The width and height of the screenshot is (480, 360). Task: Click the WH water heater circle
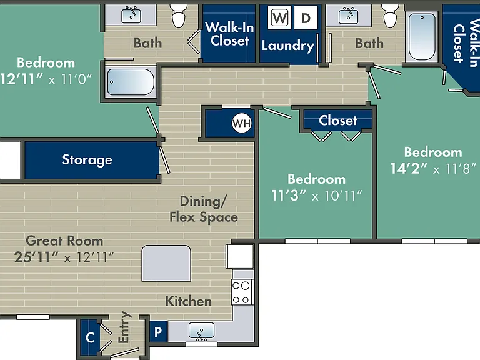(241, 123)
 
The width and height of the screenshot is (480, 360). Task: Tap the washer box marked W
(279, 18)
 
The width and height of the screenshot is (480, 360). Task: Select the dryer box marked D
(306, 18)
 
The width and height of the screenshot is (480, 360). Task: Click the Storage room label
(87, 160)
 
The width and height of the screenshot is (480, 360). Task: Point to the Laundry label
(287, 46)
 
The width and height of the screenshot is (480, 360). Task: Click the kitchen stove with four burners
(242, 292)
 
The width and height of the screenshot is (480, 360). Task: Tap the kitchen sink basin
(201, 331)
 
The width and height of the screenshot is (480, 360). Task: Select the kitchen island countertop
(166, 263)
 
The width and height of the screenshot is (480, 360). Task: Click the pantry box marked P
(158, 331)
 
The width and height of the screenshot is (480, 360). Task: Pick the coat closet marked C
(90, 337)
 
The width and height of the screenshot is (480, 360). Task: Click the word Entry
(124, 327)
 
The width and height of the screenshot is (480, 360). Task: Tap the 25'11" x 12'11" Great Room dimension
(64, 257)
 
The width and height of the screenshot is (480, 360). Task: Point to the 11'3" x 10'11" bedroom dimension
(317, 196)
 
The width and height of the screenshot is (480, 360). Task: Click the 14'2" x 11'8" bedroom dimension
(433, 168)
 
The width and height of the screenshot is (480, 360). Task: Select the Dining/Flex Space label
(204, 209)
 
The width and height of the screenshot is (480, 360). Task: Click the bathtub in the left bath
(131, 82)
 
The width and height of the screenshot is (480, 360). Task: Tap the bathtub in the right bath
(422, 36)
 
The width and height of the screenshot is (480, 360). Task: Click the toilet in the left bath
(179, 16)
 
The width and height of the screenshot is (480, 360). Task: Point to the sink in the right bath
(348, 16)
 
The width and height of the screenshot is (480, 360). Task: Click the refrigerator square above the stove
(240, 256)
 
